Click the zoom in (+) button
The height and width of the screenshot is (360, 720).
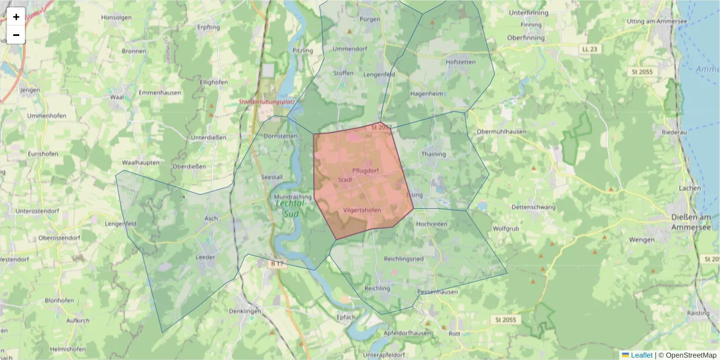(16, 17)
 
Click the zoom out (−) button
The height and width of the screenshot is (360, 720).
(16, 35)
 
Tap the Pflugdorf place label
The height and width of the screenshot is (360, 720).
(365, 170)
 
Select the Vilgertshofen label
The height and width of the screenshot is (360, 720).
(362, 210)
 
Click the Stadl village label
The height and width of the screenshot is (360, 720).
(344, 179)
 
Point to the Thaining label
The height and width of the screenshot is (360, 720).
(434, 154)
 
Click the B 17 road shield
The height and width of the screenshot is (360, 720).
(277, 263)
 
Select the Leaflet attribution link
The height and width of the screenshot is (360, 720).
(641, 355)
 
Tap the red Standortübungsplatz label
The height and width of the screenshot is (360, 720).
(266, 102)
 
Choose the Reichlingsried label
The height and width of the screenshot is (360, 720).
(404, 259)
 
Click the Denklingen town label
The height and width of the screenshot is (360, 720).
(245, 311)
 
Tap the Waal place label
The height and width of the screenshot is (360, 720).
(117, 96)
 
